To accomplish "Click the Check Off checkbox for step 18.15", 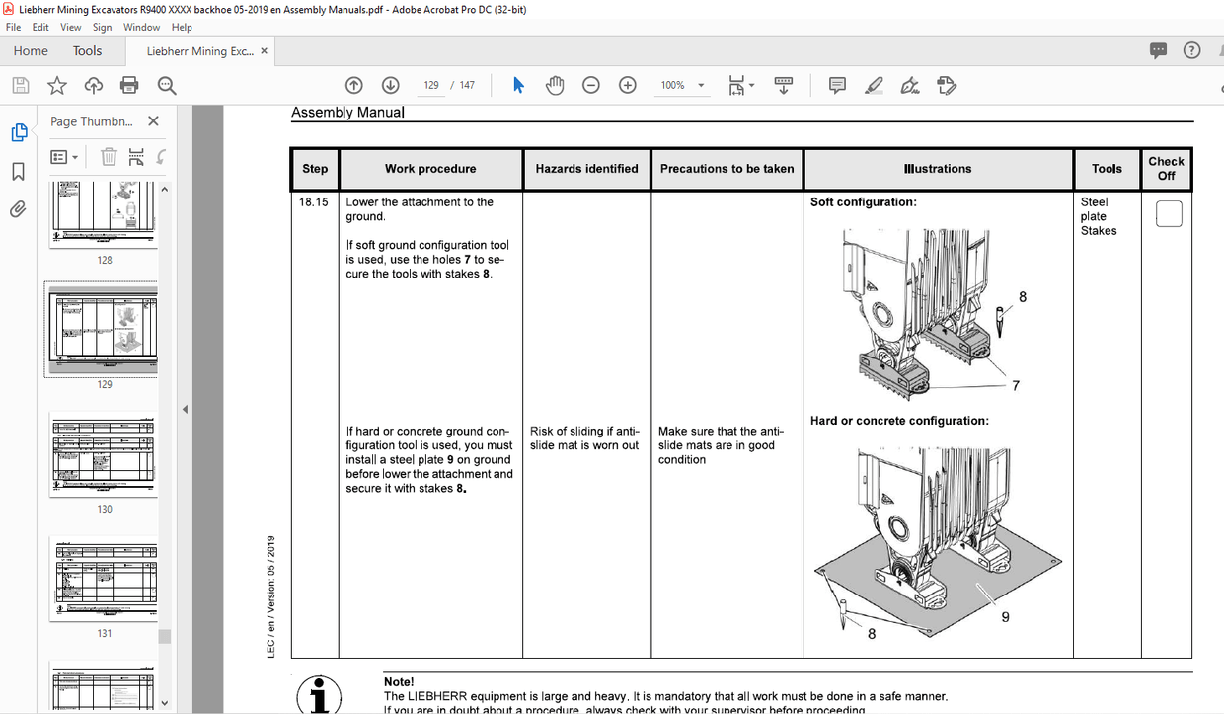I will (1168, 214).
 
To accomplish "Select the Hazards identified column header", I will (586, 169).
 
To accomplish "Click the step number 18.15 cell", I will (314, 202).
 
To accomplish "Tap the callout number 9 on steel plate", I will (1005, 618).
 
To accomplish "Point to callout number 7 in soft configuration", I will (1015, 385).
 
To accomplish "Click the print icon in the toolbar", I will (129, 86).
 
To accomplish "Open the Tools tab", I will (87, 51).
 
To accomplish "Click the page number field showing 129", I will (431, 86).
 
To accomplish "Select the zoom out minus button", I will (590, 86).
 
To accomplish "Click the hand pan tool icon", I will (555, 86).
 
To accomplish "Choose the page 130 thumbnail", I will (104, 455).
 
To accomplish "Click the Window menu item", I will (142, 28).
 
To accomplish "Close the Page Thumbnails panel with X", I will (153, 121).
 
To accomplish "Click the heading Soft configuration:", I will (863, 202).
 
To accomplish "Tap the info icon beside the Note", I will (319, 694).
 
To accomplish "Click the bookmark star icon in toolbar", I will (57, 86).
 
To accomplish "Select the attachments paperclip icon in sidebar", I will (18, 209).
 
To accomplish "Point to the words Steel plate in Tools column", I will (1094, 209).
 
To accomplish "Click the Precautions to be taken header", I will (727, 169).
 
